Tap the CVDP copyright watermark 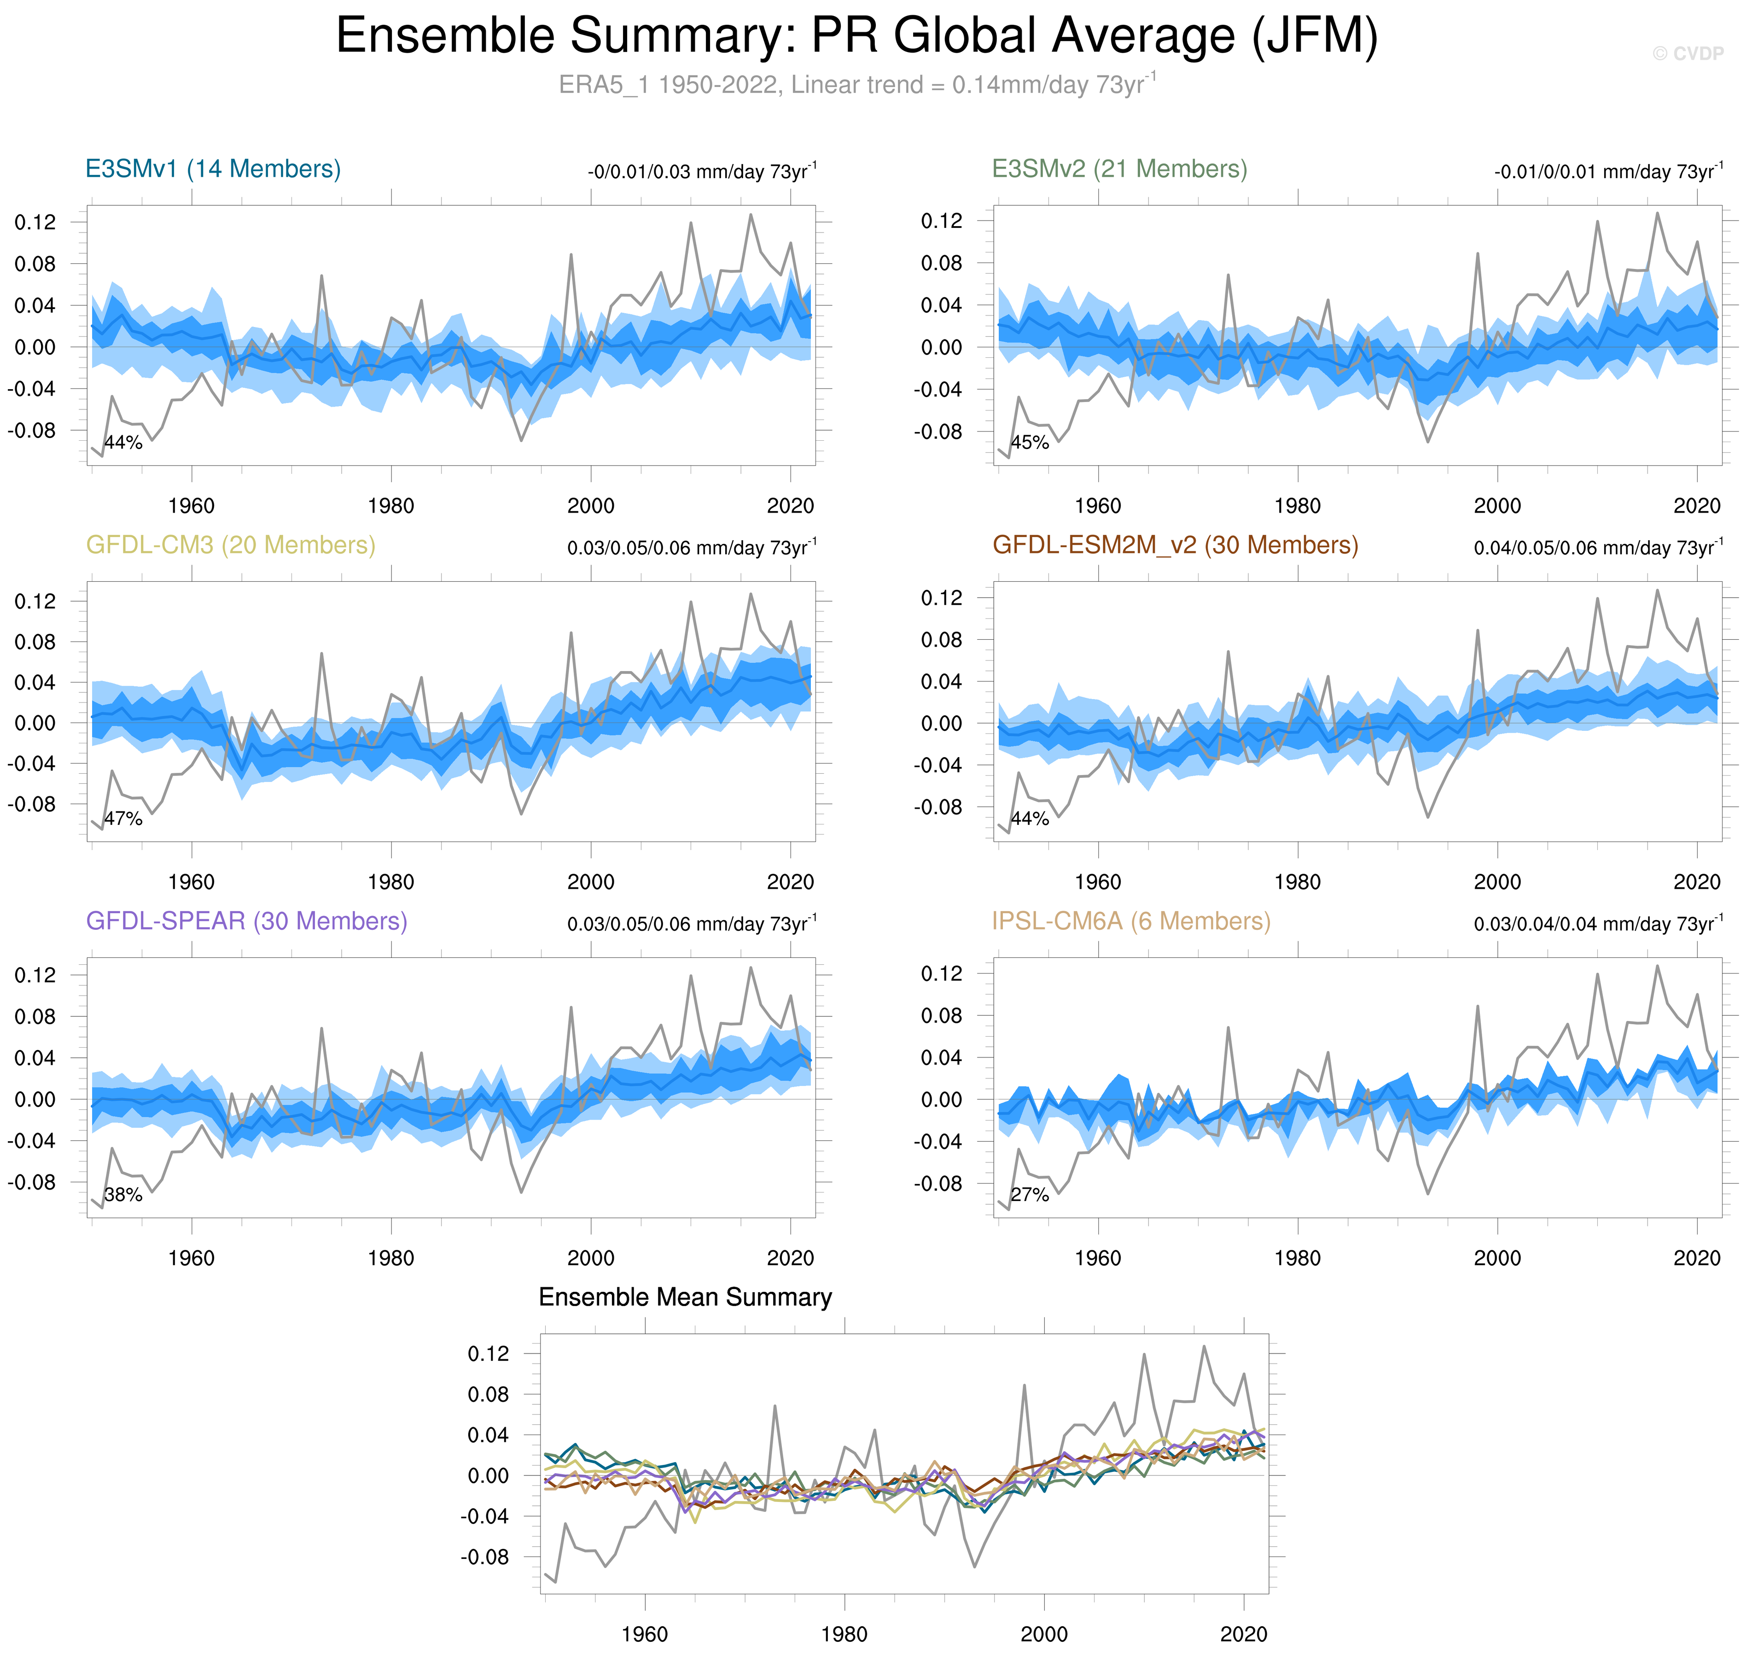click(x=1687, y=54)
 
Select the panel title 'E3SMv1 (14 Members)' click(x=213, y=169)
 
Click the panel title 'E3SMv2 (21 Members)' click(x=1119, y=169)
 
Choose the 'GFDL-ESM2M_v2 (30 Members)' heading click(x=1175, y=545)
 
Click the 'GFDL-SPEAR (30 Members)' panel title click(x=246, y=921)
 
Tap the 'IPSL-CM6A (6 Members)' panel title click(x=1130, y=921)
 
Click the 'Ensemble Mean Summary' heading click(x=685, y=1296)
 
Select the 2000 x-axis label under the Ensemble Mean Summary click(x=1044, y=1634)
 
